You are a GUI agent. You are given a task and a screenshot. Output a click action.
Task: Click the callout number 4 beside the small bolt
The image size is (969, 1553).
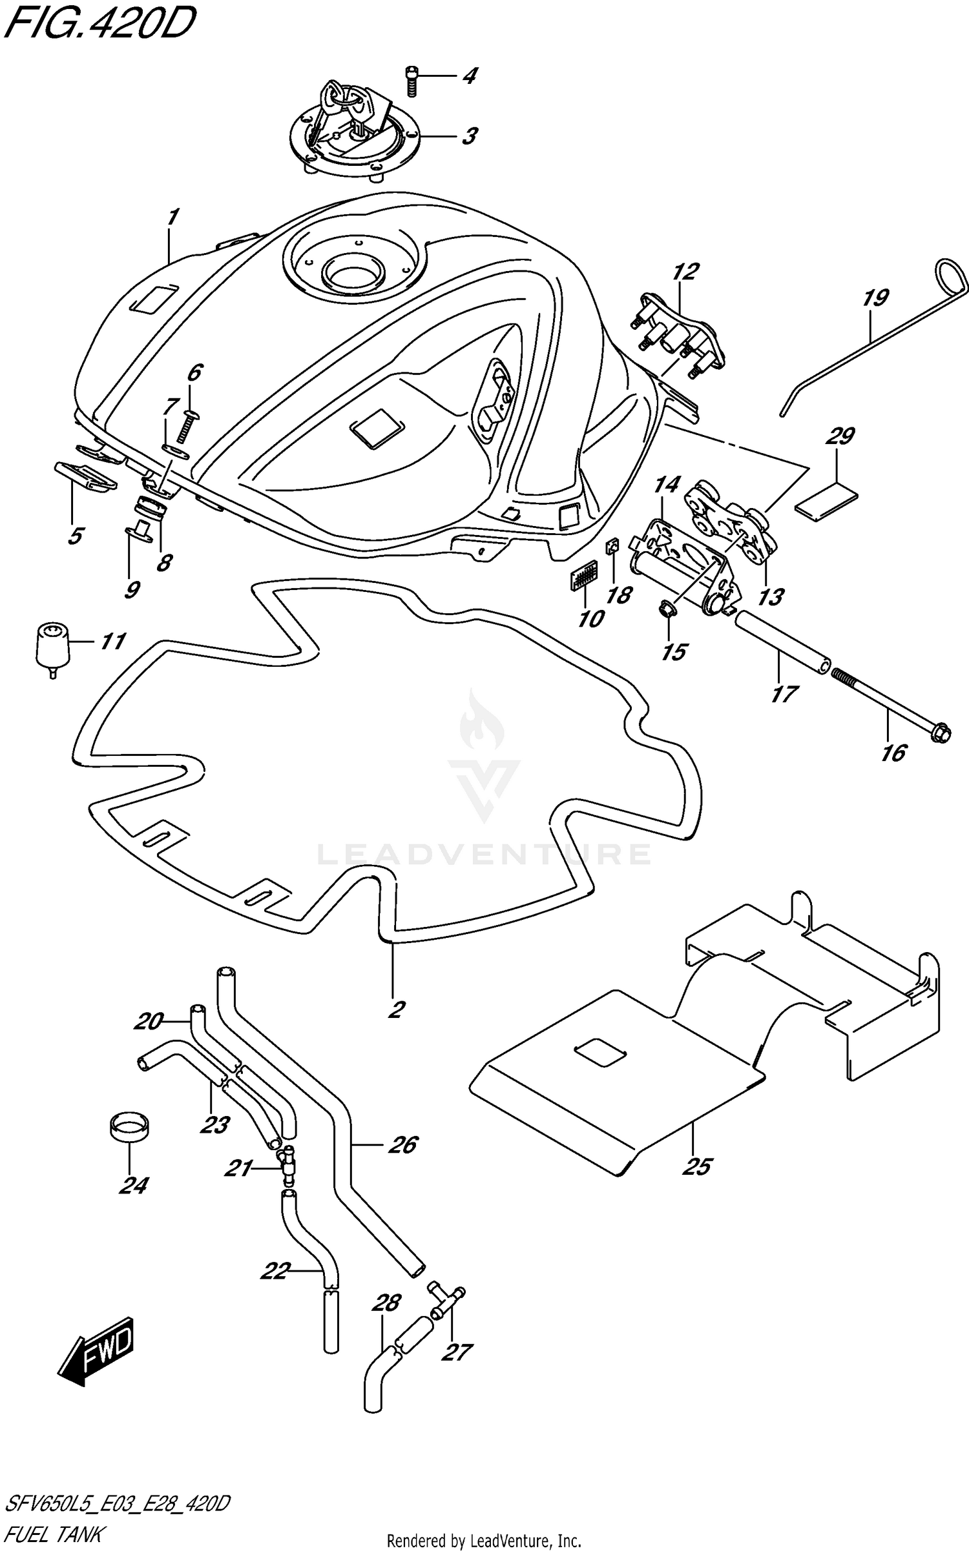tap(470, 76)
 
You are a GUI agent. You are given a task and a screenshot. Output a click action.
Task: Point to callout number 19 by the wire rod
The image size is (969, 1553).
tap(875, 299)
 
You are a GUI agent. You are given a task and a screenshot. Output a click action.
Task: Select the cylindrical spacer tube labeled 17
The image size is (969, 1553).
tap(783, 643)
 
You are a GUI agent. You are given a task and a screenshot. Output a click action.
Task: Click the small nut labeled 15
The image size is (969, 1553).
tap(667, 607)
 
